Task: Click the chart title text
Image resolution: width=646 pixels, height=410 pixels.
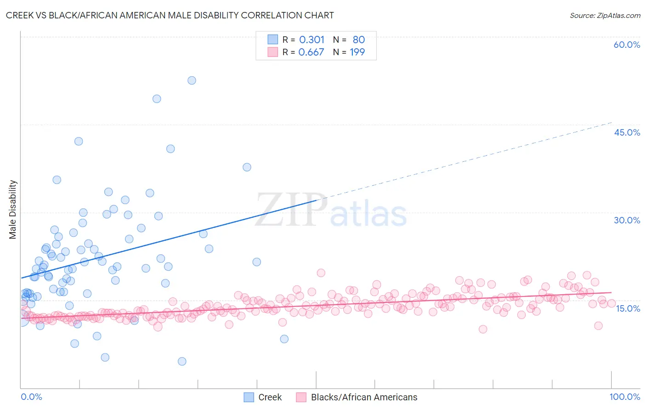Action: pyautogui.click(x=170, y=15)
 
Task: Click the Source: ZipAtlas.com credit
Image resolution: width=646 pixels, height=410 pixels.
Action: pyautogui.click(x=605, y=15)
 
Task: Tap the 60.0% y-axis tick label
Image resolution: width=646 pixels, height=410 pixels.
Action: pyautogui.click(x=627, y=45)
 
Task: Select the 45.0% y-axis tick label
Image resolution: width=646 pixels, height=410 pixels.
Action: pyautogui.click(x=627, y=132)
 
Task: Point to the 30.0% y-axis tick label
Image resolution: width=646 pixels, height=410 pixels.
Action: pyautogui.click(x=627, y=220)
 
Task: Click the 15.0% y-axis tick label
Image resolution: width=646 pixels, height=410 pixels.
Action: pyautogui.click(x=628, y=308)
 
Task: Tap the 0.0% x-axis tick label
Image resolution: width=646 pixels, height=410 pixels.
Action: pyautogui.click(x=31, y=397)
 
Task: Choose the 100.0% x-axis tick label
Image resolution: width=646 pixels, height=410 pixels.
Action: pyautogui.click(x=624, y=397)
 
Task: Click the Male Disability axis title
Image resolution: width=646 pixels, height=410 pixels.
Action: pyautogui.click(x=13, y=209)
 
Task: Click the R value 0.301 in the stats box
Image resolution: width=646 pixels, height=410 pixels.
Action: pyautogui.click(x=312, y=40)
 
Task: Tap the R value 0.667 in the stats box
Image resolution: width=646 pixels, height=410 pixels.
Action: pyautogui.click(x=311, y=52)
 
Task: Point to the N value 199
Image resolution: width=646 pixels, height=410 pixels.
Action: pyautogui.click(x=357, y=52)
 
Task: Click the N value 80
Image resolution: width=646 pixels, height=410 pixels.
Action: pyautogui.click(x=358, y=40)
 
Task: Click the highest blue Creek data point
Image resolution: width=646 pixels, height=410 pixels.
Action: pyautogui.click(x=192, y=80)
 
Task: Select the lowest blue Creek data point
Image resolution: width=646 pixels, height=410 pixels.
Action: pyautogui.click(x=182, y=361)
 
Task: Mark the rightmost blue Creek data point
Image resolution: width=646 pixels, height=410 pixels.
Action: pyautogui.click(x=284, y=339)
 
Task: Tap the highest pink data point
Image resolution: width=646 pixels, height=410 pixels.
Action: pyautogui.click(x=321, y=273)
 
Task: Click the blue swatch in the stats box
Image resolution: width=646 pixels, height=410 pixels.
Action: pyautogui.click(x=273, y=40)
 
